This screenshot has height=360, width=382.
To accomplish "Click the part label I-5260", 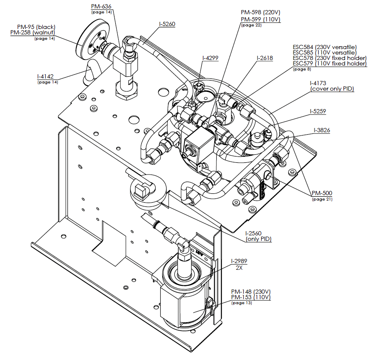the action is pos(167,24).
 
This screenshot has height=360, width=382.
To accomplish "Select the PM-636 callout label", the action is pos(101,6).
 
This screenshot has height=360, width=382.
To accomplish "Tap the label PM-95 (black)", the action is pos(36,27).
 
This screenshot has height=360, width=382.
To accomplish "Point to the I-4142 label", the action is pos(45,76).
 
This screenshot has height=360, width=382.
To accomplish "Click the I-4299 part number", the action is pos(210,58).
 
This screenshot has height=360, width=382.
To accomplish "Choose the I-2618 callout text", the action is pos(265,58).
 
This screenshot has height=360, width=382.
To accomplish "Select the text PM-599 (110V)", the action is pos(261,19).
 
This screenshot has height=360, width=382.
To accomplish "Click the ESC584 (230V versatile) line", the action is pos(325,47).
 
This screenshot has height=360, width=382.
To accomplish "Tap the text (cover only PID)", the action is pos(332,89).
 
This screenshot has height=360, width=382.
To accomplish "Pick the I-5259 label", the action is pos(318,111).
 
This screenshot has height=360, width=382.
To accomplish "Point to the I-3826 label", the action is pos(322,130).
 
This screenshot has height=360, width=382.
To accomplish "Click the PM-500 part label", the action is pos(322,193).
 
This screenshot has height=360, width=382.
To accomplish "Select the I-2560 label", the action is pos(253,233).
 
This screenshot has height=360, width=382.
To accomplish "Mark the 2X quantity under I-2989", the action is pos(239,268).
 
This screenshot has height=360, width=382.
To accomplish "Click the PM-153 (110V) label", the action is pos(251,297).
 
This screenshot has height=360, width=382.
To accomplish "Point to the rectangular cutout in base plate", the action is pos(109,243).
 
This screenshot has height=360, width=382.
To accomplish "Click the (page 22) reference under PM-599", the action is pos(252,25).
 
